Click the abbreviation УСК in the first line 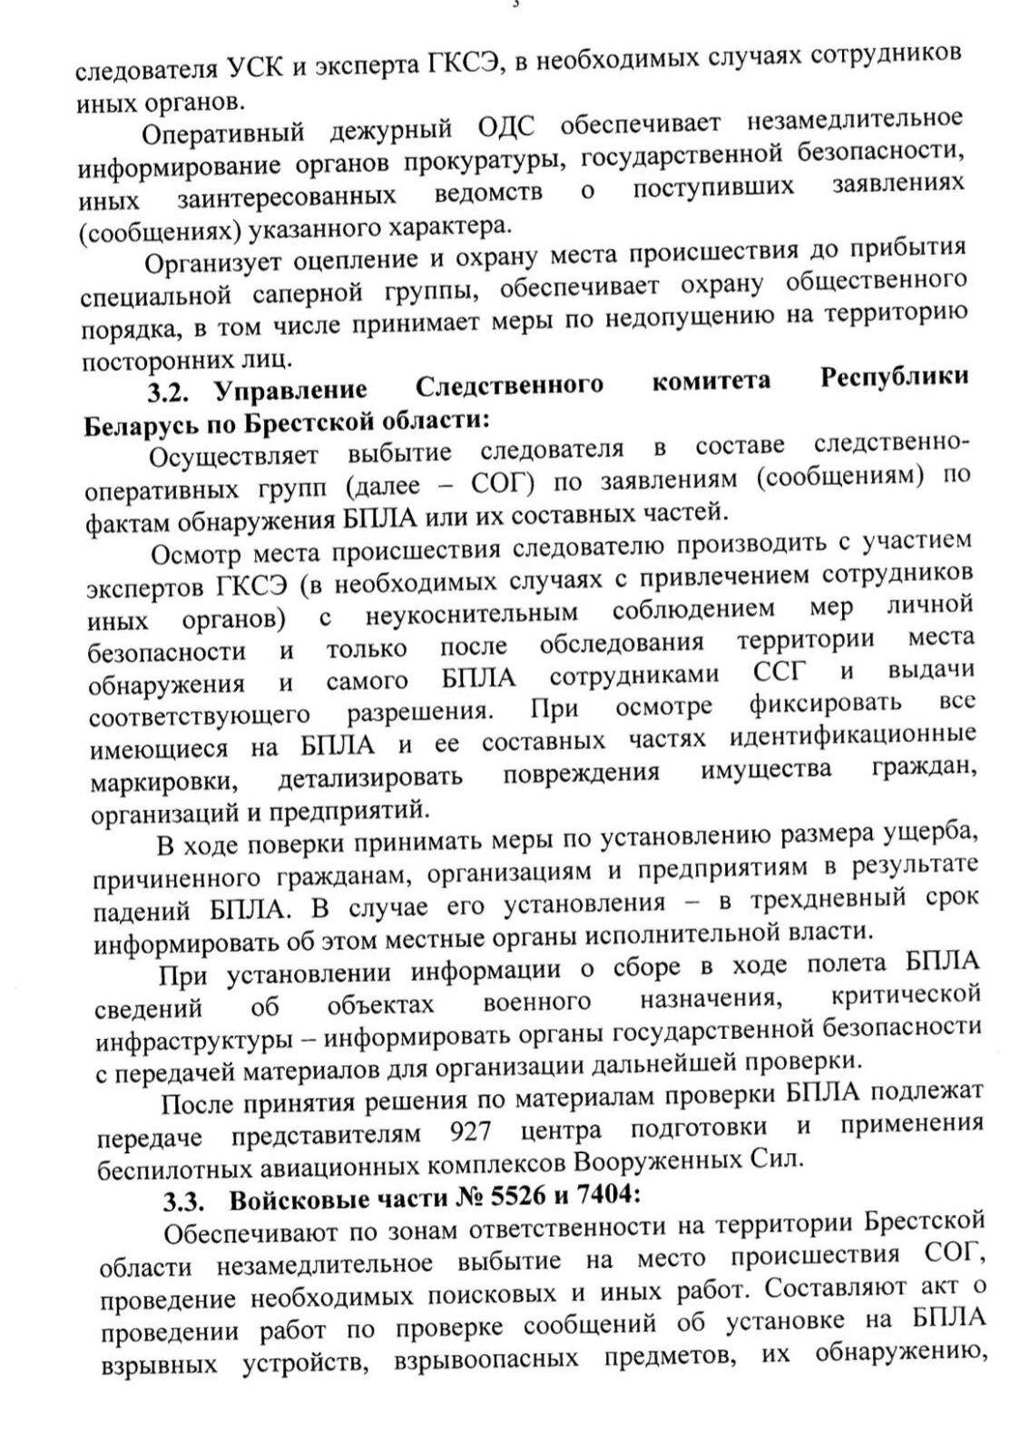(252, 66)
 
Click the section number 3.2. (172, 390)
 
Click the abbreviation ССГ (780, 675)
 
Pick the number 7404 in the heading (604, 1197)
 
